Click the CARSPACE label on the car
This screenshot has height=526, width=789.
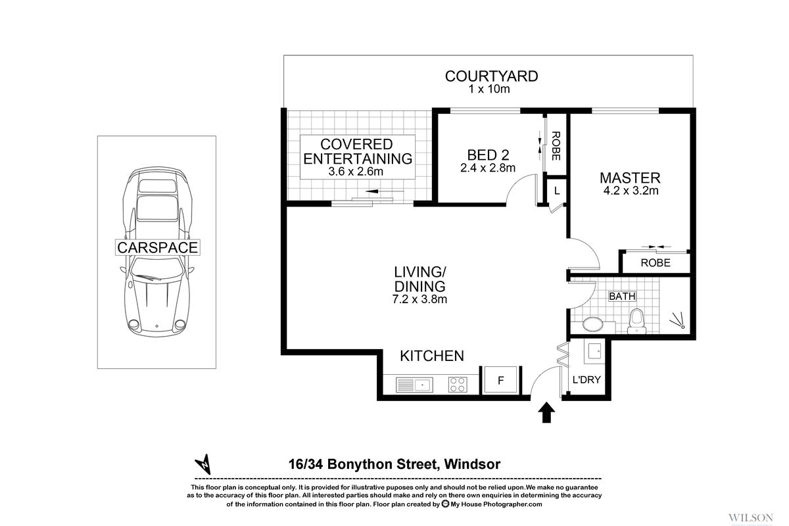157,247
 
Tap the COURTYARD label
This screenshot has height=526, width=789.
491,76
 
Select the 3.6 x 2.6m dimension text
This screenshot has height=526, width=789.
356,172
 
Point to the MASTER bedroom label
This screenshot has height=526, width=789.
629,178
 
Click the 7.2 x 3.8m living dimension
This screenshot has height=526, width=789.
420,300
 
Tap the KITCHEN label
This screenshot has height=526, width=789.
432,356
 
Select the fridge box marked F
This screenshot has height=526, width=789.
501,381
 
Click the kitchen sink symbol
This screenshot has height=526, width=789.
414,383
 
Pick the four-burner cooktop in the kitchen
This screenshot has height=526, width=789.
457,383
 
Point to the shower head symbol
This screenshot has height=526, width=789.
678,322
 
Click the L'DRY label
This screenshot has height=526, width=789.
586,379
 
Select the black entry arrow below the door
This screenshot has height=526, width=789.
546,414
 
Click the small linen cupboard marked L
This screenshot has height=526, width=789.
556,191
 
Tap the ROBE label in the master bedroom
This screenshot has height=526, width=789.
655,262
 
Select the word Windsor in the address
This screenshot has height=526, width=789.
472,464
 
